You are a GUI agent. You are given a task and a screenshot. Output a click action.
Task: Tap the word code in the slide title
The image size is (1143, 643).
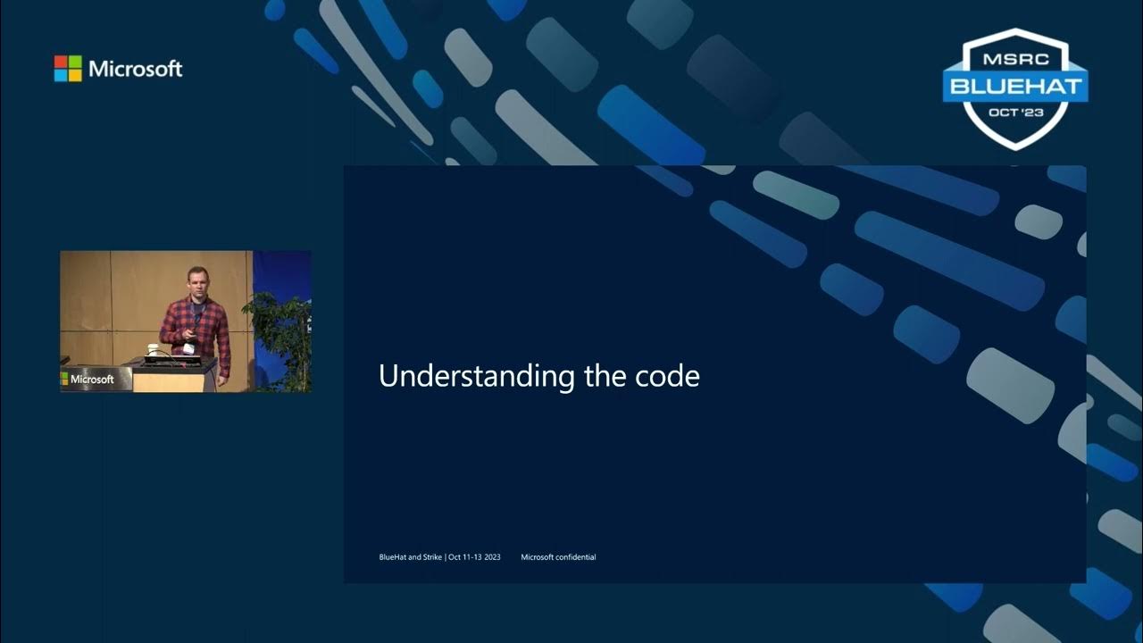(x=669, y=376)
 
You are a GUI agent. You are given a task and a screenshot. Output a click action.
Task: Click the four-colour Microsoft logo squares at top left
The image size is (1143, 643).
(x=68, y=69)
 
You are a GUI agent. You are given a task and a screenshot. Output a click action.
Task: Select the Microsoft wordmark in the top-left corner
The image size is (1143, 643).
(x=135, y=69)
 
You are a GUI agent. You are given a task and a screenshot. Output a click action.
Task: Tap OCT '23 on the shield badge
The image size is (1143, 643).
(x=1015, y=113)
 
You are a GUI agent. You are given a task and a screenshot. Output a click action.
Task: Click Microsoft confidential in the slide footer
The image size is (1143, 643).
(x=558, y=557)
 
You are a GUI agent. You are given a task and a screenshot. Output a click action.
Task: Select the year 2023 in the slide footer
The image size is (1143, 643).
(x=492, y=557)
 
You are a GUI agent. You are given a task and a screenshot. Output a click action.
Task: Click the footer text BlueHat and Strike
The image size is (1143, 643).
(x=411, y=557)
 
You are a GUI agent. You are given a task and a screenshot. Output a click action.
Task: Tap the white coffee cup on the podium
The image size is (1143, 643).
(x=152, y=351)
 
